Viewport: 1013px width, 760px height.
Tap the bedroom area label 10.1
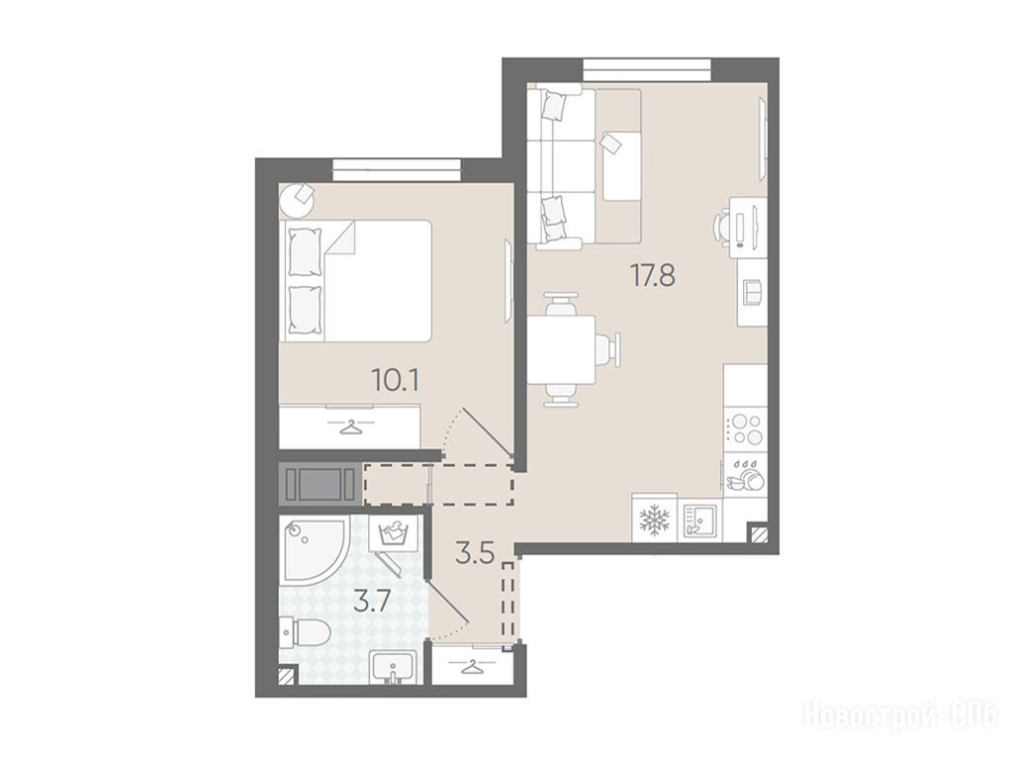click(396, 380)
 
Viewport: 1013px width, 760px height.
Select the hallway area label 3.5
click(475, 553)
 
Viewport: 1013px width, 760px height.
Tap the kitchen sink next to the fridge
click(701, 521)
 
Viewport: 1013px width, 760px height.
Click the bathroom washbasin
click(394, 667)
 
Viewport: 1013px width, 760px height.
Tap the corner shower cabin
click(314, 550)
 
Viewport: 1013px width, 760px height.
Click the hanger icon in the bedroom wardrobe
click(349, 427)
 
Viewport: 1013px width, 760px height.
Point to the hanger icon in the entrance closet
click(472, 665)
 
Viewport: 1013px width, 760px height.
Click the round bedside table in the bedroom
click(297, 200)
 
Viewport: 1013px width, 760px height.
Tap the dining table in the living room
click(562, 349)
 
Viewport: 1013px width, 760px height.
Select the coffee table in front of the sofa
click(622, 166)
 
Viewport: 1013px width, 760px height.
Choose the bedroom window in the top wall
click(398, 169)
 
